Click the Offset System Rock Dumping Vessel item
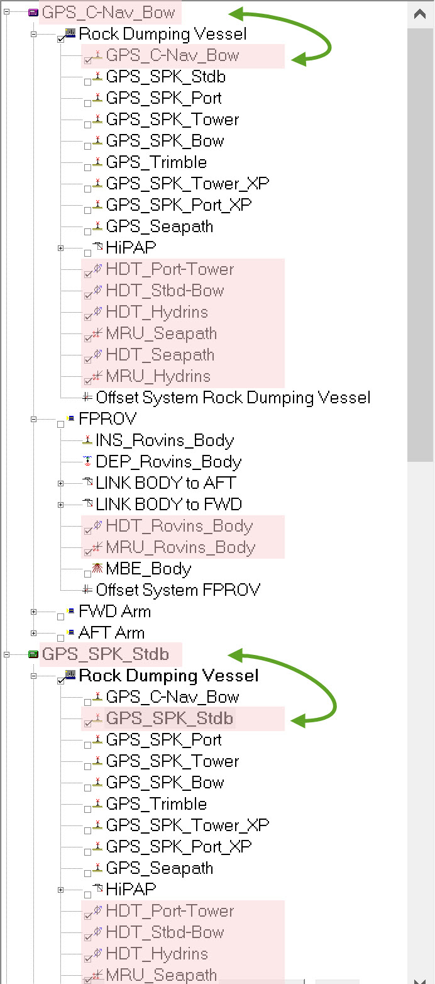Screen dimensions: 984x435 tap(233, 398)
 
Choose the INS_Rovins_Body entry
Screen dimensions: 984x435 tap(165, 440)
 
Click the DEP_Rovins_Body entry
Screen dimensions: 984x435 tap(168, 462)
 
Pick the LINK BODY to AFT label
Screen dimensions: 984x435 tap(166, 483)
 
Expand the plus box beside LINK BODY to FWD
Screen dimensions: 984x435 tap(61, 505)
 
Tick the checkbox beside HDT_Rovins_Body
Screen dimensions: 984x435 tap(88, 530)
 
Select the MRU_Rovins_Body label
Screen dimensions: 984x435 tap(180, 547)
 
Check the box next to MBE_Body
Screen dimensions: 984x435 tap(88, 573)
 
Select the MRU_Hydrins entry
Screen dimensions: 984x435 tap(158, 376)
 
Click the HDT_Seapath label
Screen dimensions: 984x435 tap(160, 355)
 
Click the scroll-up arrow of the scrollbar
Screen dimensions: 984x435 tap(420, 14)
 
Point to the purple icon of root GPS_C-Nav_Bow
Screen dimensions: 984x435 tap(33, 13)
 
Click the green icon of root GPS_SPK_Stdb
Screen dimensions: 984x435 tap(33, 654)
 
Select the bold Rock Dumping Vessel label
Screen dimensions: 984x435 tap(168, 676)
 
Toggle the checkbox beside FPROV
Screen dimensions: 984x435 tap(61, 423)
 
